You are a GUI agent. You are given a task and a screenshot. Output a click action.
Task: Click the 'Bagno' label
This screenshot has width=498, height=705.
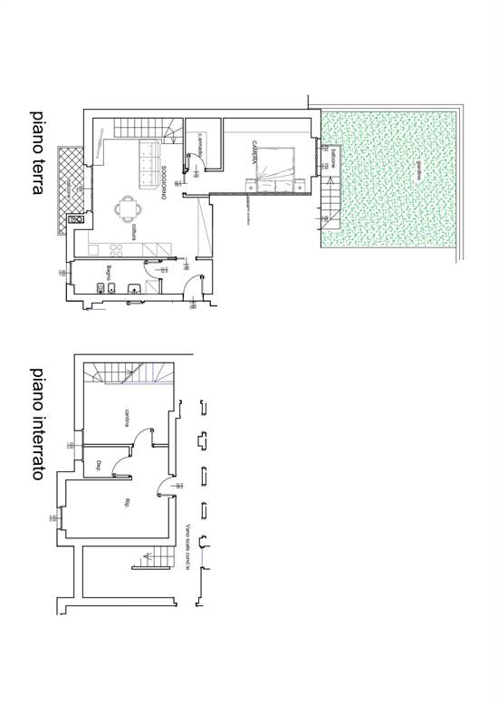[x=107, y=272]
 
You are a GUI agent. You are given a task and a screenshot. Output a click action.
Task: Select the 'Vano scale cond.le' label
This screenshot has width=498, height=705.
[x=186, y=549]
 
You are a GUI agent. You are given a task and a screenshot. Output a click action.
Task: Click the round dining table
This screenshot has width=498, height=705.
[x=125, y=210]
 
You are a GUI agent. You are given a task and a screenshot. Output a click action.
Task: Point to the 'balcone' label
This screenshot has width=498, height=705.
[x=331, y=160]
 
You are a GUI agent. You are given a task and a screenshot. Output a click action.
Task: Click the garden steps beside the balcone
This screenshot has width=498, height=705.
[x=332, y=191]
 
